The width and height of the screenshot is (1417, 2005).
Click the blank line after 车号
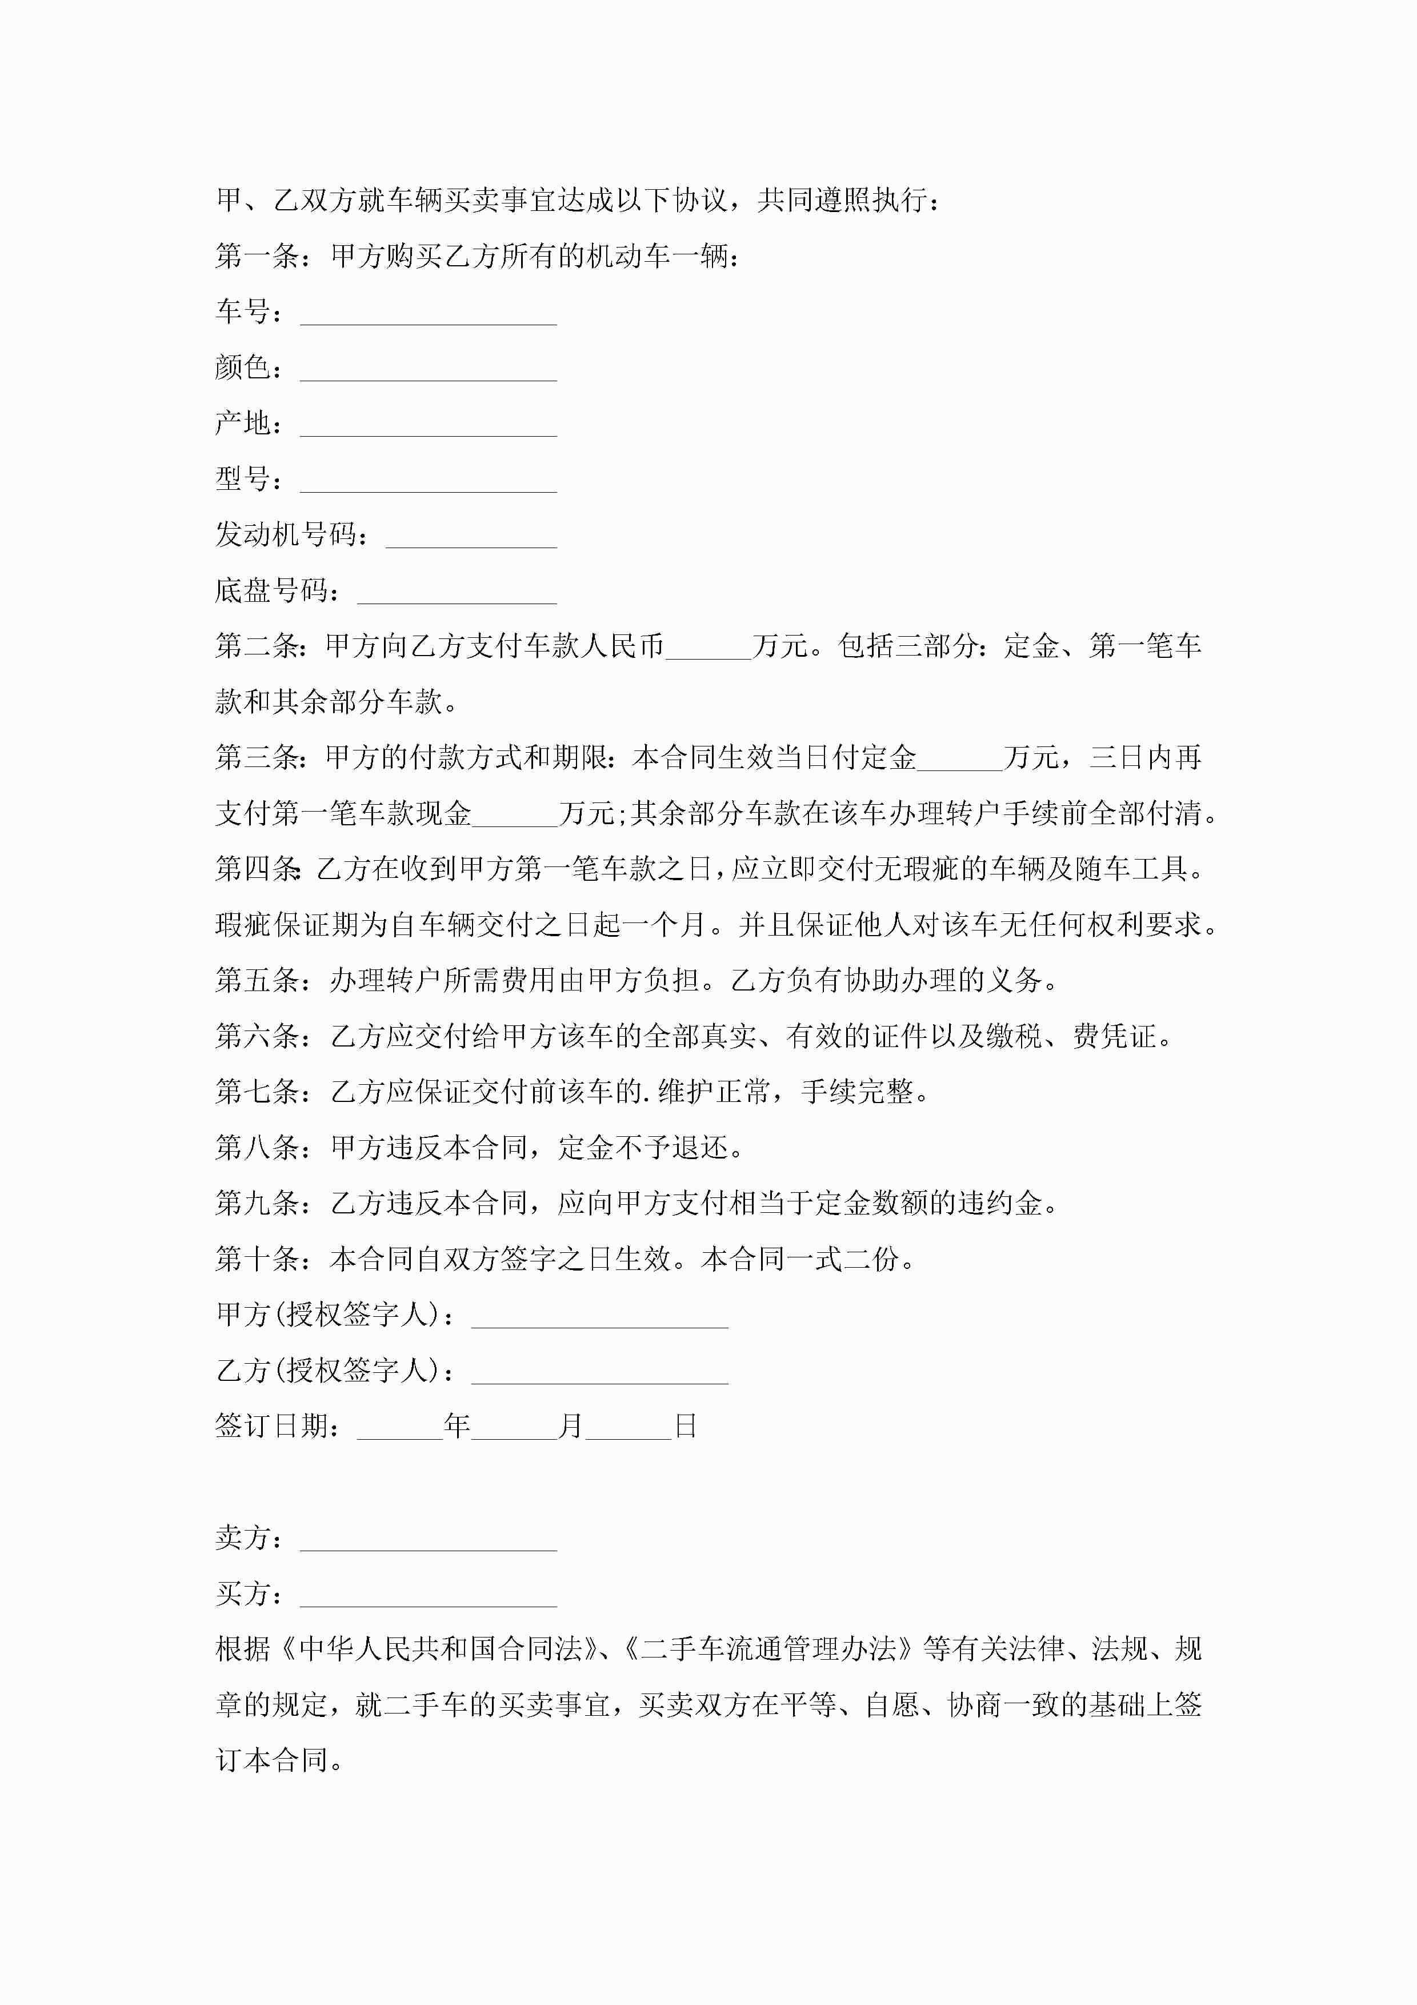tap(428, 316)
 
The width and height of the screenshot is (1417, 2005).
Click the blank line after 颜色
tap(428, 372)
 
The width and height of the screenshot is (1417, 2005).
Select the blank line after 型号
tap(428, 483)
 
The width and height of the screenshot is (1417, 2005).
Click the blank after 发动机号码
tap(471, 539)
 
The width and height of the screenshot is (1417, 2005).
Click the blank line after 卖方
tap(428, 1541)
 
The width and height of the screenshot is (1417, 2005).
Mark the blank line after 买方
tap(428, 1597)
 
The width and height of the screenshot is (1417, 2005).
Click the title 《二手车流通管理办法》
tap(769, 1649)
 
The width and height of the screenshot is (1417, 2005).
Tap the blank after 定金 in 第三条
tap(959, 761)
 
